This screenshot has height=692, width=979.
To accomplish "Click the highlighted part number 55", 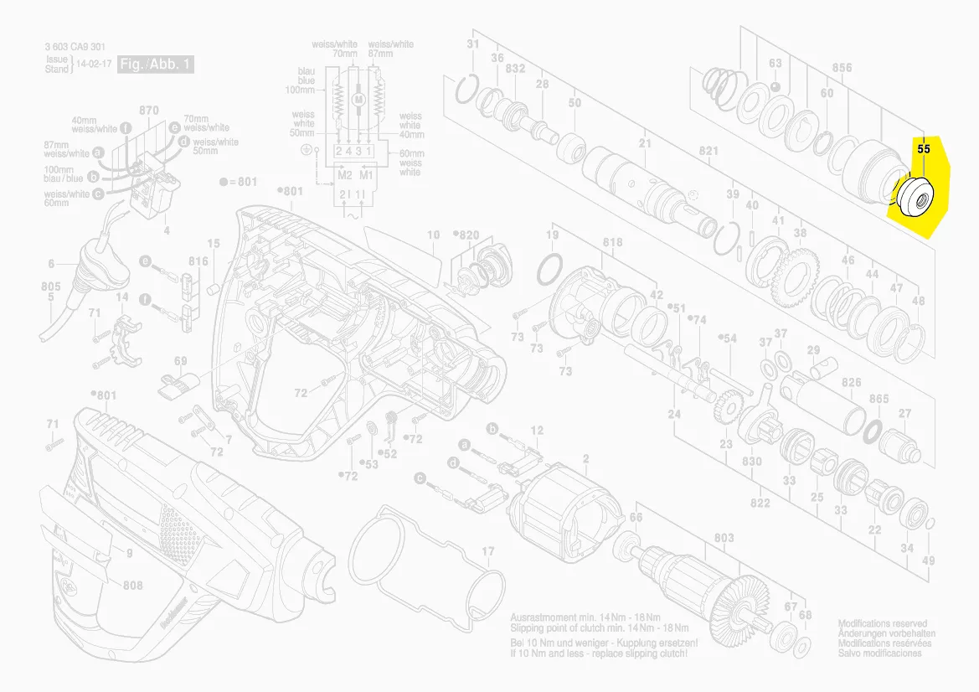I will click(x=924, y=148).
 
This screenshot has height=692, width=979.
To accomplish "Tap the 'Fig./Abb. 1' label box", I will click(x=156, y=65).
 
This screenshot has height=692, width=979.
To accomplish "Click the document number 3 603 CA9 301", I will click(x=75, y=47).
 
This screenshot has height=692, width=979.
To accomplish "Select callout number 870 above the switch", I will click(x=149, y=111).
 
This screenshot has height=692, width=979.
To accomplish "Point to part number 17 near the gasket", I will click(x=488, y=551).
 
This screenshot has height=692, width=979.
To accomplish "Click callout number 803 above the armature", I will click(x=724, y=538).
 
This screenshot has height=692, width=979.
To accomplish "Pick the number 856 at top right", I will click(x=842, y=68).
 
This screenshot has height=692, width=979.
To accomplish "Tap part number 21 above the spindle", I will click(x=645, y=143).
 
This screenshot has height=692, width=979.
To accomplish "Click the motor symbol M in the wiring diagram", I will click(x=359, y=100).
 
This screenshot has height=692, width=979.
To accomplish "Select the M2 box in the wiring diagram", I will click(x=345, y=175).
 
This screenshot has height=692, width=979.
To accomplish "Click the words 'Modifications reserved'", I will click(x=883, y=624).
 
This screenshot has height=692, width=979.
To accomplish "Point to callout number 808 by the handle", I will click(x=133, y=585).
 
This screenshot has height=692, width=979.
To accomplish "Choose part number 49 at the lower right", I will click(x=928, y=560).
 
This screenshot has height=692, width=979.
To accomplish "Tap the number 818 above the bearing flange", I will click(x=612, y=243).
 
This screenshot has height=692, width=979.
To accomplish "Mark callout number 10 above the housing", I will click(x=433, y=235).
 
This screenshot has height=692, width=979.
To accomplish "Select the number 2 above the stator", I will click(x=585, y=458).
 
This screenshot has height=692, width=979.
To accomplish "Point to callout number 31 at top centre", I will click(x=473, y=44).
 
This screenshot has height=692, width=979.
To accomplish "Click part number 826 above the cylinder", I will click(x=851, y=383).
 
